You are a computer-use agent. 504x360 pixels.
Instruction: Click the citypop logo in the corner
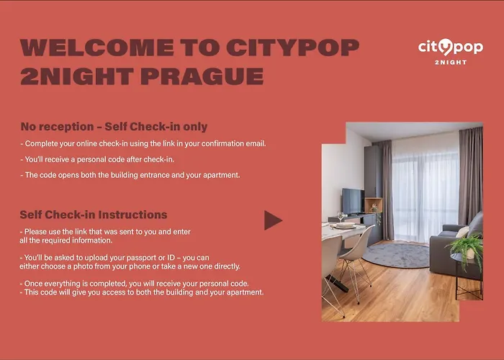click(x=450, y=48)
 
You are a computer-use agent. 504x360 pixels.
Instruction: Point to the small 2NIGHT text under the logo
click(x=451, y=63)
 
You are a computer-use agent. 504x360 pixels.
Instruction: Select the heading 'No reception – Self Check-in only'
click(x=114, y=127)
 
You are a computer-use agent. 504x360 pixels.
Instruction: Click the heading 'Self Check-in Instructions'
click(x=94, y=215)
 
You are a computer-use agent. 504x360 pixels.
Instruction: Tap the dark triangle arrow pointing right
click(x=273, y=220)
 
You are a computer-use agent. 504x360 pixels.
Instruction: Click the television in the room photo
click(x=352, y=201)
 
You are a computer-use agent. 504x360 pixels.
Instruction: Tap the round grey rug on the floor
click(x=395, y=254)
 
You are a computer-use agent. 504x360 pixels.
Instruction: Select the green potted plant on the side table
click(x=466, y=247)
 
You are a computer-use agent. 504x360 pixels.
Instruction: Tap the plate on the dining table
click(x=345, y=225)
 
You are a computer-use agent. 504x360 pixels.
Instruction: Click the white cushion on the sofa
click(x=462, y=232)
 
